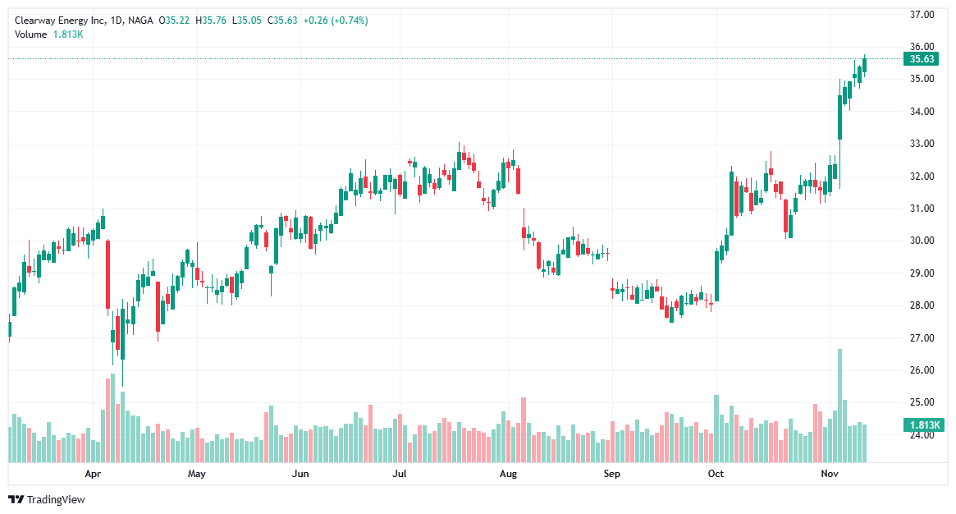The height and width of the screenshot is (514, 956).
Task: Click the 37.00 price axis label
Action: click(923, 14)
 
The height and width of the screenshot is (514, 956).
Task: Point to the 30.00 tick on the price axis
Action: click(923, 241)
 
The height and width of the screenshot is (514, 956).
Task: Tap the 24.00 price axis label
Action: click(923, 435)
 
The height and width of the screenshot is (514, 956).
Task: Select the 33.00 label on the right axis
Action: click(923, 144)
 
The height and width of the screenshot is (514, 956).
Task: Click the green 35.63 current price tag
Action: click(922, 59)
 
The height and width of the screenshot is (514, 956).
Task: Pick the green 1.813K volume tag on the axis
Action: click(922, 425)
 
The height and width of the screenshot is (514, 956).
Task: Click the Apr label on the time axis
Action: click(93, 474)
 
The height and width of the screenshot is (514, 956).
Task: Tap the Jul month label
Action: click(400, 474)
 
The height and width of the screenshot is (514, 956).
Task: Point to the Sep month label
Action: click(610, 474)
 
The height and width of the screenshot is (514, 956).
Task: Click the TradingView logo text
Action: click(56, 499)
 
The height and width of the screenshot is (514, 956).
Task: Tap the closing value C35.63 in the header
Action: click(281, 21)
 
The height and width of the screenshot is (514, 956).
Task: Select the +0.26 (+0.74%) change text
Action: click(336, 21)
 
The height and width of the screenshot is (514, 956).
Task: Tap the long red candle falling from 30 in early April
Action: click(107, 274)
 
